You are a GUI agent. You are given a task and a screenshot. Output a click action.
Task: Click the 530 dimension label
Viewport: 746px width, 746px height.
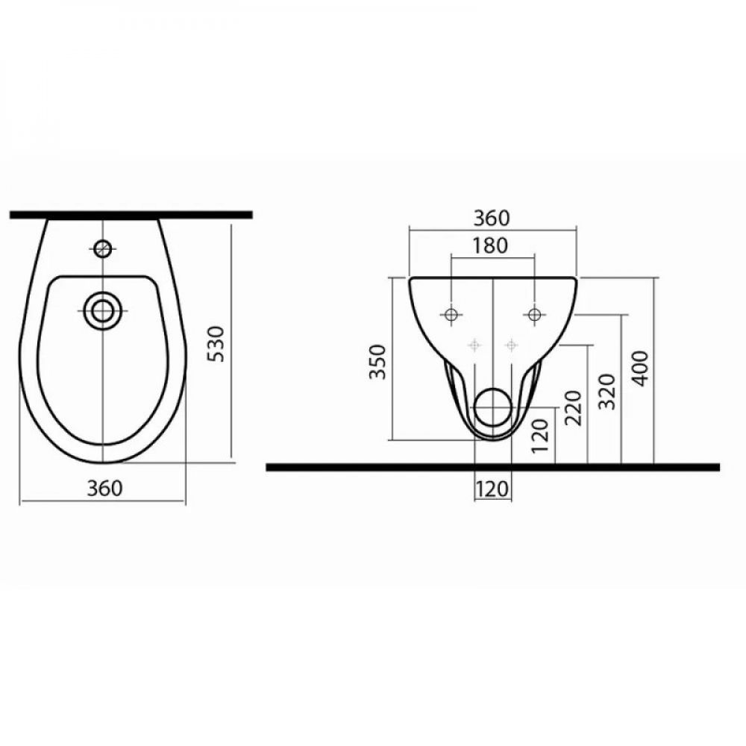(217, 343)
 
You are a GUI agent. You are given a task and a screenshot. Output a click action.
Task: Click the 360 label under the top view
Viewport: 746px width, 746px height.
(104, 489)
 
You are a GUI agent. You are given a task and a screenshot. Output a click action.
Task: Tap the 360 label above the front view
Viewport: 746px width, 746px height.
(492, 219)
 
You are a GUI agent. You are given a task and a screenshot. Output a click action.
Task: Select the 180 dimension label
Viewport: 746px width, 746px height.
(490, 245)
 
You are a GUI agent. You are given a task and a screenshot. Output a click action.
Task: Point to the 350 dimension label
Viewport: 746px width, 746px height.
(377, 362)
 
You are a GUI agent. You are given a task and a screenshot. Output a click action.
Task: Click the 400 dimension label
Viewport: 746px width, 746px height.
(642, 369)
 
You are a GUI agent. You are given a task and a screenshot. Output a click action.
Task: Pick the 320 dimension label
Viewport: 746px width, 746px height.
(607, 392)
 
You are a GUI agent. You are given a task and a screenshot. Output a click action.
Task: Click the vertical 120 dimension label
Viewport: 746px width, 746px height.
(541, 436)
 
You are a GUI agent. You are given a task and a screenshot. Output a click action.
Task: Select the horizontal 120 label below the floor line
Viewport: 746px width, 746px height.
(492, 489)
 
